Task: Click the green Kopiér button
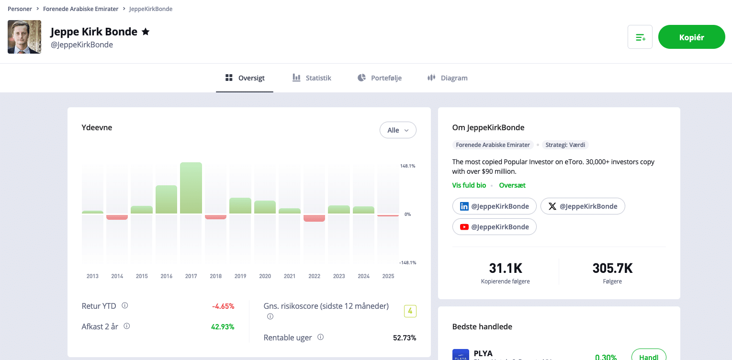(691, 37)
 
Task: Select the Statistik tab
(312, 78)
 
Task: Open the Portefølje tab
(379, 78)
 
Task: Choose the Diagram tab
(447, 78)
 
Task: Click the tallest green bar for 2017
(191, 188)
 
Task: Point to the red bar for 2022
(314, 218)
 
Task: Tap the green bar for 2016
(166, 200)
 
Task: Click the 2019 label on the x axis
(240, 276)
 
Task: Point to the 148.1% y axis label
(407, 166)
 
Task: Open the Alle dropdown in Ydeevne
(398, 130)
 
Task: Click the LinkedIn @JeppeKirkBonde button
(494, 206)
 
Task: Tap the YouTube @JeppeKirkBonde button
(494, 227)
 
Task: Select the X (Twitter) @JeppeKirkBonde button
(583, 206)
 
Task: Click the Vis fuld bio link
(469, 185)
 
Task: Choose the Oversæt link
(512, 185)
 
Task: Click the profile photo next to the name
(24, 37)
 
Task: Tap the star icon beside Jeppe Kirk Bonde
(146, 32)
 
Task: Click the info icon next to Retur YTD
(125, 305)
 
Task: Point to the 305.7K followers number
(612, 268)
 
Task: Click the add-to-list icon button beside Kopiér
(640, 37)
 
